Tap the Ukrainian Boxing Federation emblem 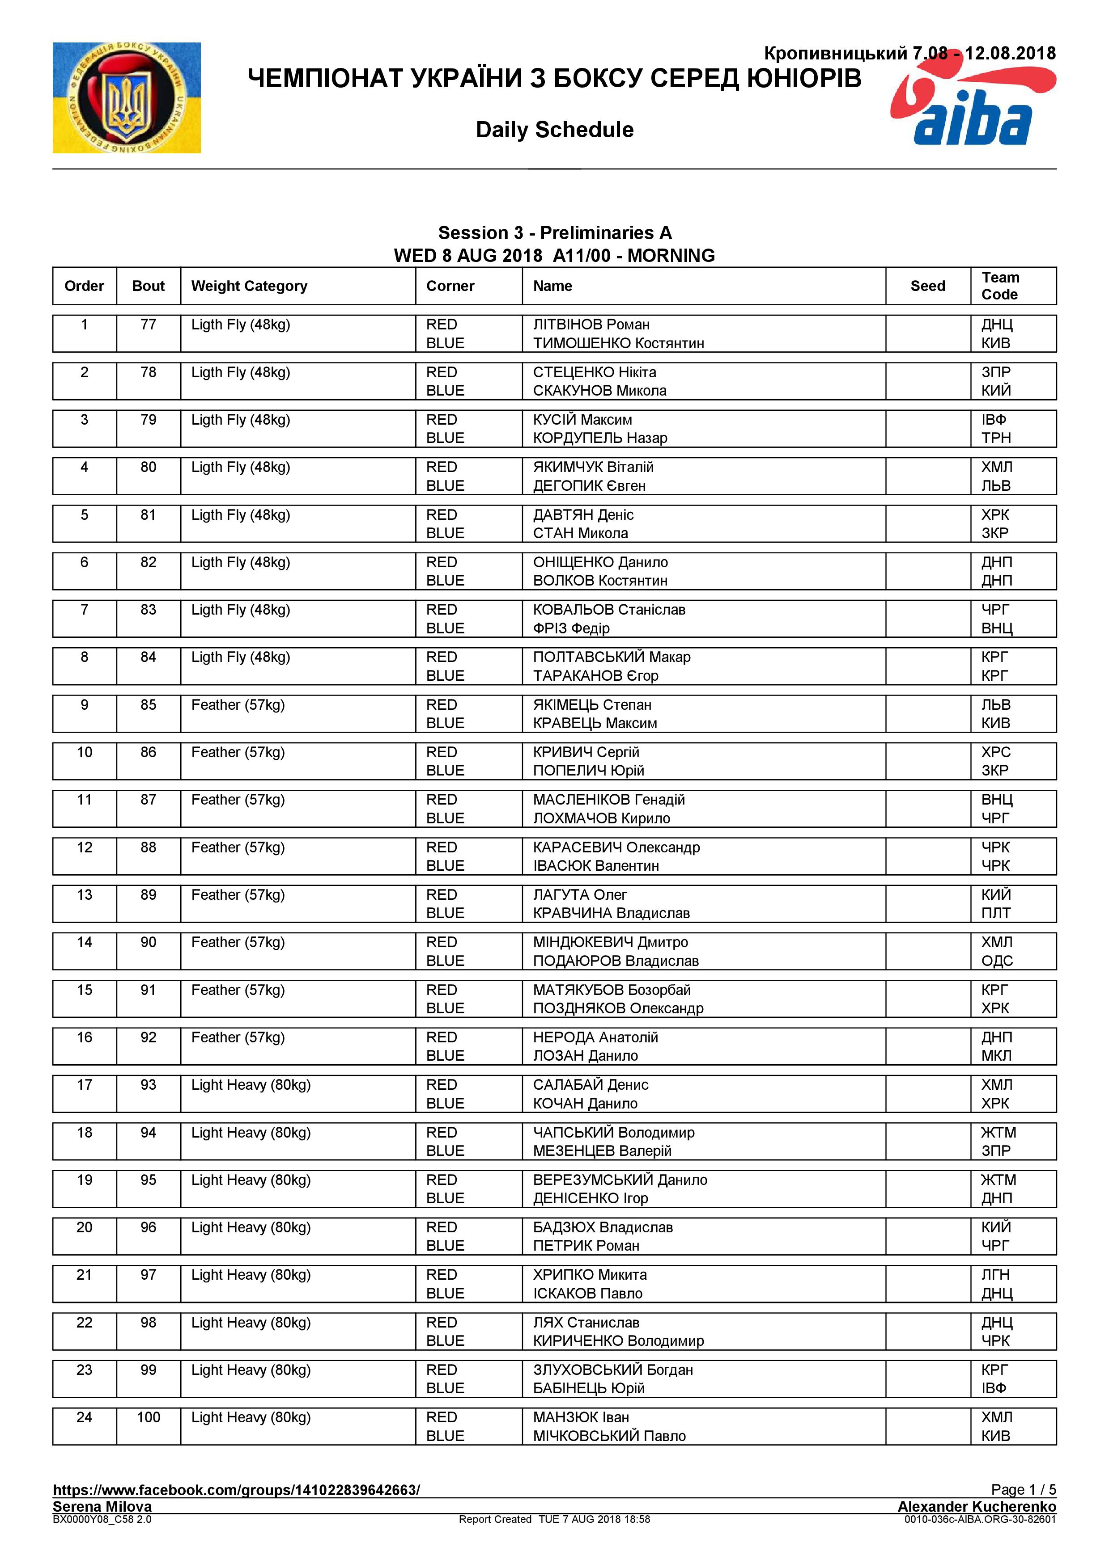point(127,97)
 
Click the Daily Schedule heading point(554,130)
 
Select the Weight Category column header point(250,286)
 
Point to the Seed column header point(927,286)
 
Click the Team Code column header point(1000,286)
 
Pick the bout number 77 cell point(148,325)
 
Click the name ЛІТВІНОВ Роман point(591,325)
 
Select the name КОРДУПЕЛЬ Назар point(600,438)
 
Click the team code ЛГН point(995,1275)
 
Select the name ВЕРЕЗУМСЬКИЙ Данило point(620,1180)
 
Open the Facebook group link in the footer point(236,1490)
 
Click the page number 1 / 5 point(1023,1490)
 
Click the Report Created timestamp point(554,1520)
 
